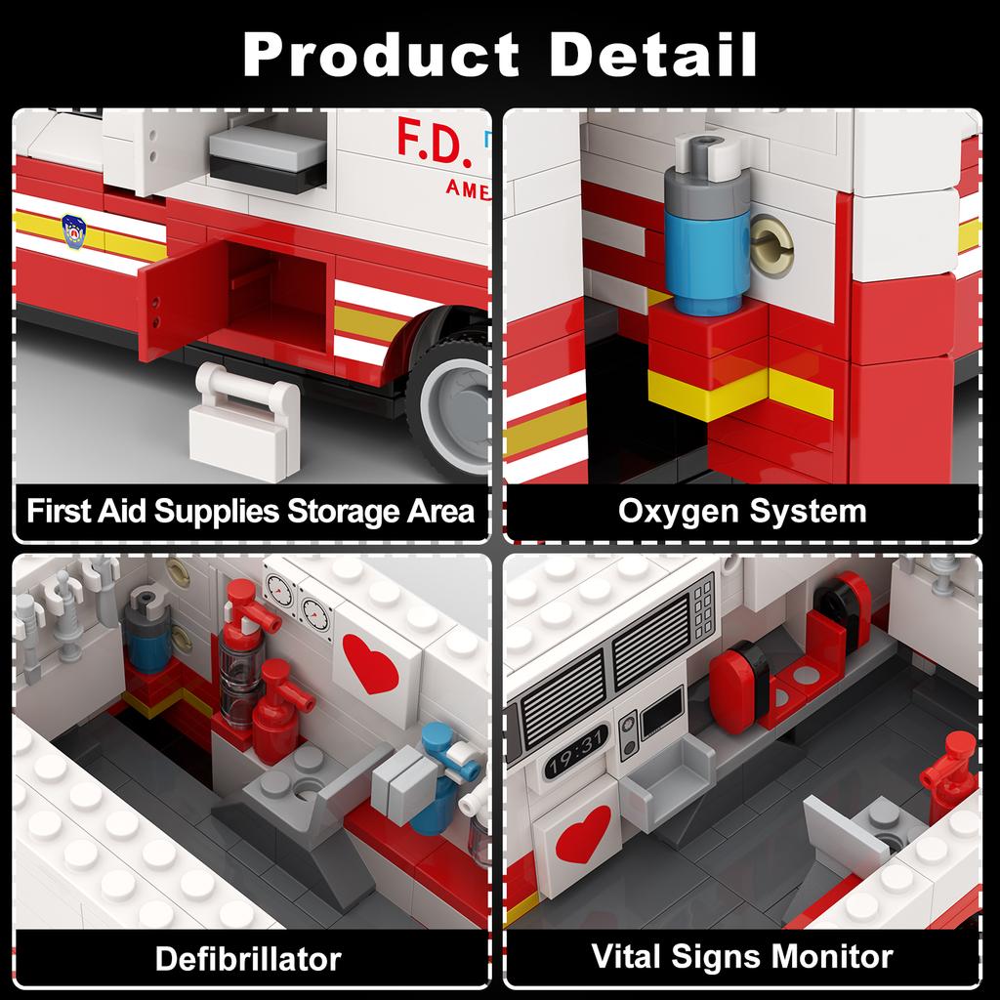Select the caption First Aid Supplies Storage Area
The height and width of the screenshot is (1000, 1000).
point(250,510)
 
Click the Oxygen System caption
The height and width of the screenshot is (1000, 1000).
point(742,510)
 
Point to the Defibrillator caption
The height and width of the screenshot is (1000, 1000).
point(248,958)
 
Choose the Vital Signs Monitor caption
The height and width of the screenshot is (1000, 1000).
point(742,956)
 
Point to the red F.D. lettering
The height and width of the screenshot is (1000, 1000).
point(434,141)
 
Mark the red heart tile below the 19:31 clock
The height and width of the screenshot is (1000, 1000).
point(582,840)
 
